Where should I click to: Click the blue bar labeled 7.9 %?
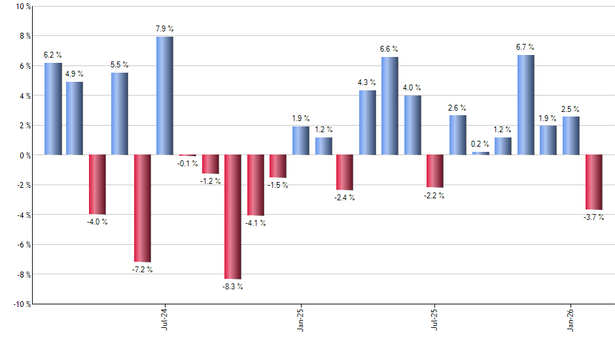(x=165, y=96)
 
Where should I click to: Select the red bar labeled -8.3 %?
(x=232, y=217)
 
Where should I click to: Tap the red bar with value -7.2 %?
(x=142, y=208)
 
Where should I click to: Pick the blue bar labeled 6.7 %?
(x=525, y=105)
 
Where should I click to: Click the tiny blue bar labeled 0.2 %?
(x=480, y=153)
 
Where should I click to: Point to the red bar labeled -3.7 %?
(x=593, y=182)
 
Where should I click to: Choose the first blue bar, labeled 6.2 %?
(x=53, y=109)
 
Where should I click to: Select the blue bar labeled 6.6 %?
(x=390, y=105)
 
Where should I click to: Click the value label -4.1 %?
(x=255, y=223)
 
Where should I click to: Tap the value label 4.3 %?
(x=367, y=82)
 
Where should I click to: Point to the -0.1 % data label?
(x=188, y=164)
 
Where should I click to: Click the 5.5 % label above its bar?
(x=119, y=65)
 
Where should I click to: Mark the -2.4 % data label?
(x=344, y=198)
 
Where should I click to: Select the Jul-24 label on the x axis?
(x=164, y=318)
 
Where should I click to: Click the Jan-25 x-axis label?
(x=300, y=318)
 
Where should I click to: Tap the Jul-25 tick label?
(x=435, y=318)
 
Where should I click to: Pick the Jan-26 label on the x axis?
(x=571, y=318)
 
